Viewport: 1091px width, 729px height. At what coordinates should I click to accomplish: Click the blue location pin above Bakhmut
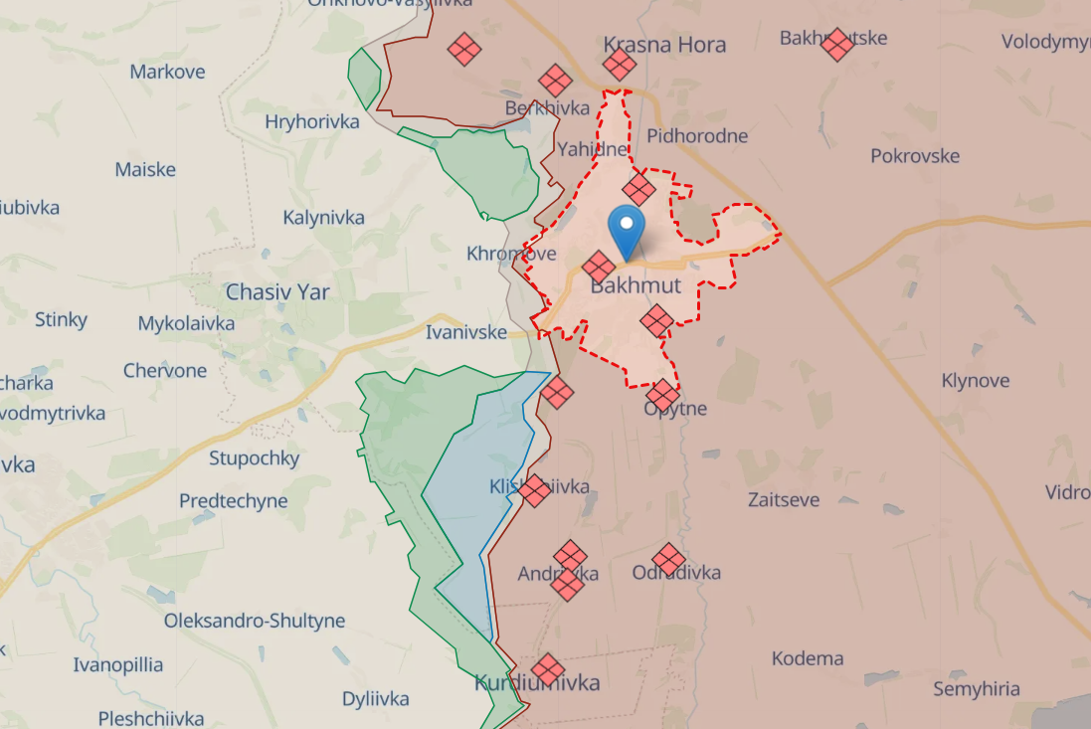click(x=626, y=230)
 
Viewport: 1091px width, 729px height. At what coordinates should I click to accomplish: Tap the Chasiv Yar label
click(x=277, y=292)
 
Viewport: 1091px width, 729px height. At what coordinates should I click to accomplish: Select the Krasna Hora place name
click(x=664, y=45)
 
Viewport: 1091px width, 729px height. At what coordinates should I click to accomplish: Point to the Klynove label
click(x=976, y=381)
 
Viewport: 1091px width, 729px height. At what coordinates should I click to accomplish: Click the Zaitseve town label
click(x=784, y=499)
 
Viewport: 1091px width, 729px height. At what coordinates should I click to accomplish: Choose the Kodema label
click(x=808, y=658)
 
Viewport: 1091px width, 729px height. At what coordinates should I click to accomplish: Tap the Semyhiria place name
click(x=977, y=688)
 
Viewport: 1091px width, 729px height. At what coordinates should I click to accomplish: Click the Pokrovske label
click(x=915, y=156)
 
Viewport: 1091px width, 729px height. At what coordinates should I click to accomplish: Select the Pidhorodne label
click(x=697, y=136)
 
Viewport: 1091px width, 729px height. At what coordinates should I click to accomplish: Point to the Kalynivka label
click(x=323, y=218)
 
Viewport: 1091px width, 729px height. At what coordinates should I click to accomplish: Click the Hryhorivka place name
click(x=312, y=122)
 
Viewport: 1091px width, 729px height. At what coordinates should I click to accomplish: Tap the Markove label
click(x=167, y=72)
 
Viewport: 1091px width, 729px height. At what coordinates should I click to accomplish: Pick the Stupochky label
click(x=254, y=458)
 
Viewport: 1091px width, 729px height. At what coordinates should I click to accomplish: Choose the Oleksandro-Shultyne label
click(x=255, y=621)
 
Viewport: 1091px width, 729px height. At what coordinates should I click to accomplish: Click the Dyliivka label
click(x=375, y=698)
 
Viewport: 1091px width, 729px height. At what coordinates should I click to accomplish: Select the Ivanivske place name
click(x=465, y=332)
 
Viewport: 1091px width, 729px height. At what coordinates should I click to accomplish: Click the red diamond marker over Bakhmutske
click(x=837, y=44)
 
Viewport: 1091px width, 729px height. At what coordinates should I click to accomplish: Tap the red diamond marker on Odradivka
click(x=668, y=560)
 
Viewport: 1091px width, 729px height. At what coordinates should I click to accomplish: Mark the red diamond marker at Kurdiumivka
click(x=547, y=669)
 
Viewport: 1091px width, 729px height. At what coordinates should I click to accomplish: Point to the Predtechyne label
click(x=233, y=501)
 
